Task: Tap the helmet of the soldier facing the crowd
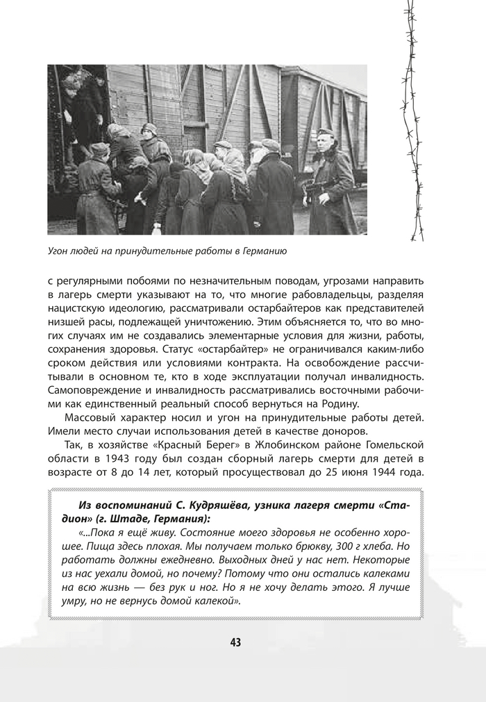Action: [x=149, y=128]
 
